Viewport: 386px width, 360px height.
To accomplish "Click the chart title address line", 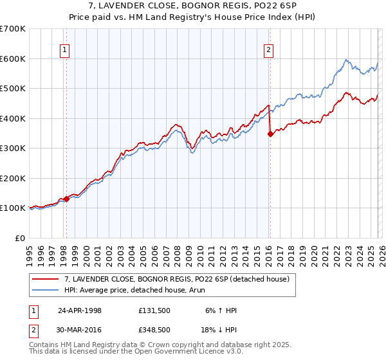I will coord(193,6).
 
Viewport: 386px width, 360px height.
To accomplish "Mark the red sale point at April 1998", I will coord(66,199).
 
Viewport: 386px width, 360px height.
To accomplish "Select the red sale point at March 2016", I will coord(270,134).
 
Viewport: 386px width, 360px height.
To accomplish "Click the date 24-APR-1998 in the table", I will coord(80,310).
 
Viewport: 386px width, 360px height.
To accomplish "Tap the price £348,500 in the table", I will coord(154,329).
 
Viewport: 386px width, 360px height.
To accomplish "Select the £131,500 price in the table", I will coord(154,310).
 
